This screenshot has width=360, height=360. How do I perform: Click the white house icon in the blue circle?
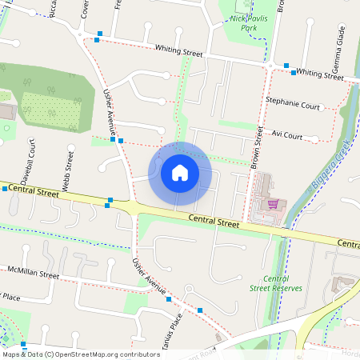(x=180, y=172)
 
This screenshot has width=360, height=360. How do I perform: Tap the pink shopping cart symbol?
(x=274, y=204)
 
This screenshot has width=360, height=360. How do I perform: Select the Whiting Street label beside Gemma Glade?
(x=320, y=74)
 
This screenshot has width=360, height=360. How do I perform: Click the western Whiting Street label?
(x=179, y=51)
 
